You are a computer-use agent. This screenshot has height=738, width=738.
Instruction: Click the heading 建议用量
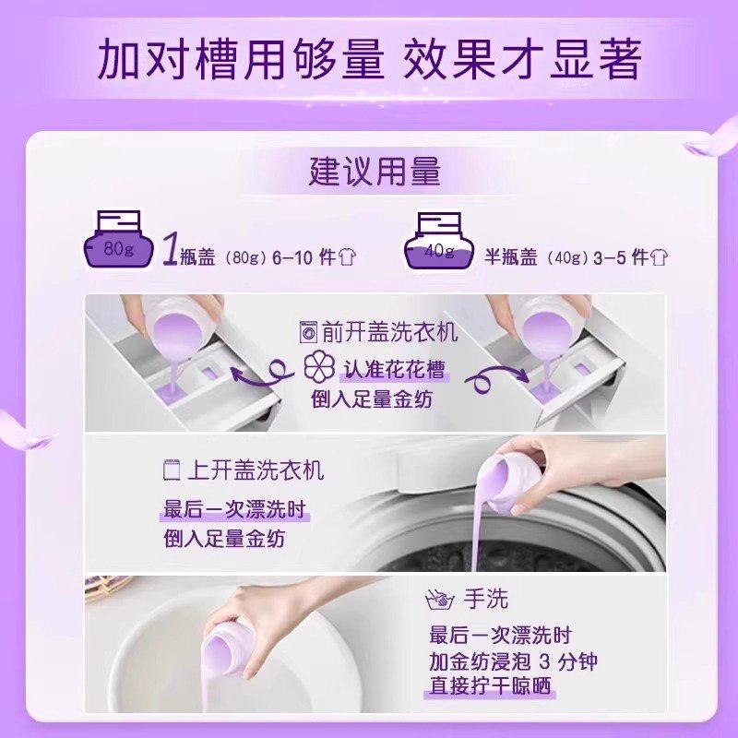[375, 173]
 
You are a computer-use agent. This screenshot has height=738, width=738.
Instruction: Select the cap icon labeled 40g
[439, 244]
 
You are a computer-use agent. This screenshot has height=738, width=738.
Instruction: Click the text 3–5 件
[626, 256]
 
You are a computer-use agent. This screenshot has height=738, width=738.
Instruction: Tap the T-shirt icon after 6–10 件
[347, 256]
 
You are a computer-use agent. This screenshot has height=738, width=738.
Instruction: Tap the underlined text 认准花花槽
[395, 371]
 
